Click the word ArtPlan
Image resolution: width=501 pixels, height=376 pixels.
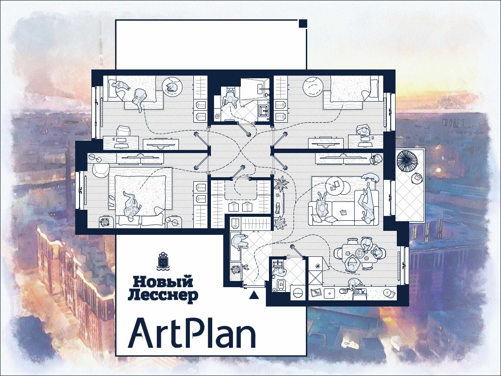pyautogui.click(x=192, y=333)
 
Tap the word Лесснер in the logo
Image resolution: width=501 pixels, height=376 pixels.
pyautogui.click(x=163, y=296)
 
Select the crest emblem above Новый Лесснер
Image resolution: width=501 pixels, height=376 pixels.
pyautogui.click(x=163, y=261)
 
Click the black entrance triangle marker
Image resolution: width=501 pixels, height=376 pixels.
pyautogui.click(x=254, y=295)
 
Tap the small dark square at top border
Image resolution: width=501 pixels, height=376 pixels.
pyautogui.click(x=303, y=23)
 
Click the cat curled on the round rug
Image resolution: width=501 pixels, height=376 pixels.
pyautogui.click(x=172, y=87)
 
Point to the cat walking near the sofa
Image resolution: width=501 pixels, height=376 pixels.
pyautogui.click(x=370, y=178)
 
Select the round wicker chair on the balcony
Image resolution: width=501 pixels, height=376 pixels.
pyautogui.click(x=407, y=161)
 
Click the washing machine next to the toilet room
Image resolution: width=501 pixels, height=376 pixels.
pyautogui.click(x=298, y=292)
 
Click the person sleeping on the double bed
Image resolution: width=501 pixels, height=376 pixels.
pyautogui.click(x=131, y=205)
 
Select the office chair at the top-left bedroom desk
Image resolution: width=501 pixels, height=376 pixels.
pyautogui.click(x=123, y=131)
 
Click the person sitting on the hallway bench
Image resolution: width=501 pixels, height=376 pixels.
pyautogui.click(x=240, y=242)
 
